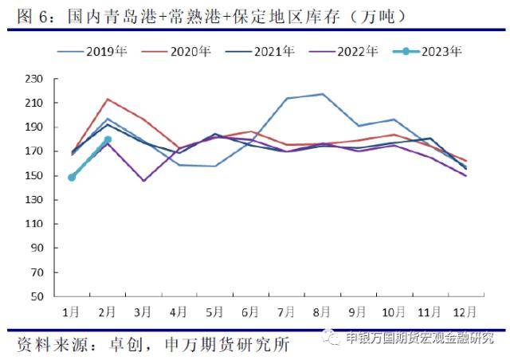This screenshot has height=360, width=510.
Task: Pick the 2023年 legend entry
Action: [441, 52]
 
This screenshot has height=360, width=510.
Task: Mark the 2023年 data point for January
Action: [72, 177]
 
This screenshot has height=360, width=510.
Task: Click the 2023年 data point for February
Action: [108, 139]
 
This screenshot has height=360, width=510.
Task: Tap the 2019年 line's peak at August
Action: [322, 94]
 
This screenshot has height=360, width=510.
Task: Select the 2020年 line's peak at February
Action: [108, 100]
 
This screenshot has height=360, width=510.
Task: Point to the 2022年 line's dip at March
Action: [143, 181]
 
